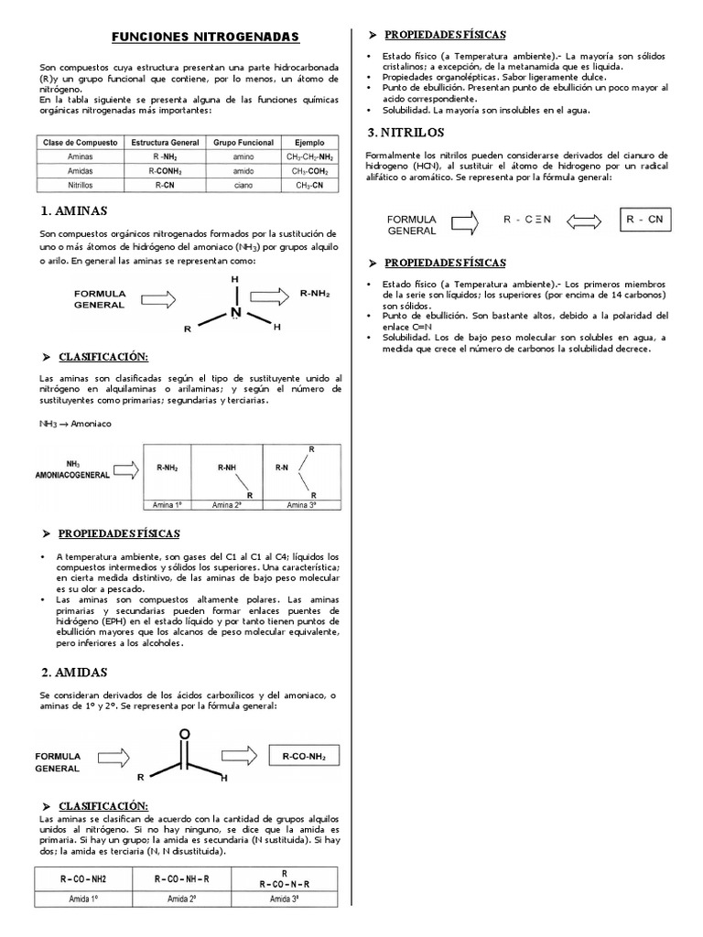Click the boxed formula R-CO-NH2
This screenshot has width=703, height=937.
(305, 756)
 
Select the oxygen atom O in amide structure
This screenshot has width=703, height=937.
(184, 733)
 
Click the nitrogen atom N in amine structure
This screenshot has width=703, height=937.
(235, 312)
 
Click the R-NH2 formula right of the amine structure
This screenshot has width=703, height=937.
(316, 295)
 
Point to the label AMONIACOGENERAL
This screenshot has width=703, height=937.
(73, 476)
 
